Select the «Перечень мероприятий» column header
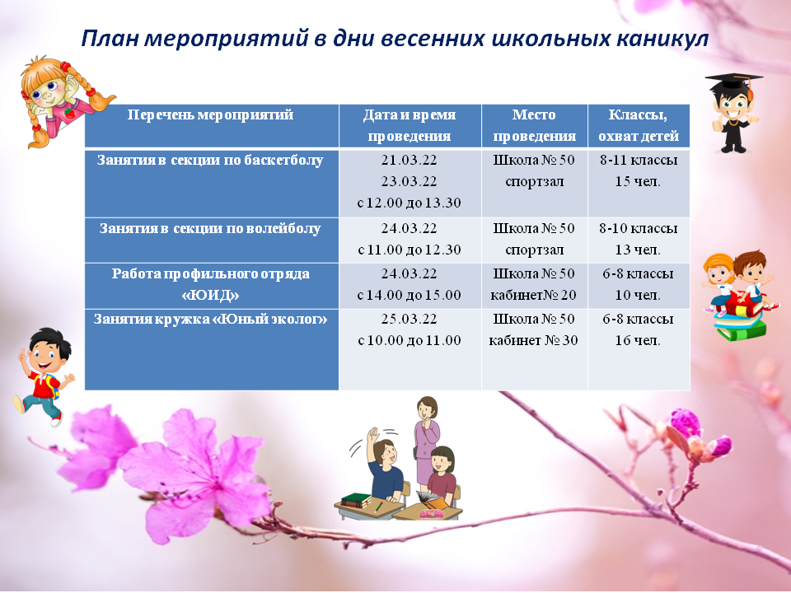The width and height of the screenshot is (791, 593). pyautogui.click(x=210, y=115)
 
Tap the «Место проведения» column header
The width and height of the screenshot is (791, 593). pyautogui.click(x=534, y=125)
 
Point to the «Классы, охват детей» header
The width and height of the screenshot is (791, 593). pyautogui.click(x=638, y=125)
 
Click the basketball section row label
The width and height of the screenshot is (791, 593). pyautogui.click(x=210, y=161)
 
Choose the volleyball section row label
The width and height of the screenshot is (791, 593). pyautogui.click(x=210, y=228)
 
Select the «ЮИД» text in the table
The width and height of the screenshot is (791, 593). pyautogui.click(x=210, y=295)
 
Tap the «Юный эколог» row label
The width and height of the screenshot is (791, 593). pyautogui.click(x=210, y=320)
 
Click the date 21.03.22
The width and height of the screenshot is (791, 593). pyautogui.click(x=410, y=161)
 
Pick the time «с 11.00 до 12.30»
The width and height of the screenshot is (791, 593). pyautogui.click(x=410, y=250)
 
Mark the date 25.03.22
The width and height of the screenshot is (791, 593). pyautogui.click(x=410, y=320)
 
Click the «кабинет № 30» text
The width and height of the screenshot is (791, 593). pyautogui.click(x=534, y=341)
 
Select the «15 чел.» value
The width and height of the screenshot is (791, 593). pyautogui.click(x=638, y=181)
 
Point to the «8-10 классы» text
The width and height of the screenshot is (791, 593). pyautogui.click(x=638, y=228)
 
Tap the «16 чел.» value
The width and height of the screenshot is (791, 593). pyautogui.click(x=638, y=341)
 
